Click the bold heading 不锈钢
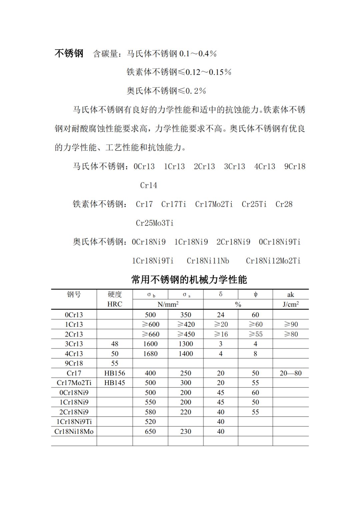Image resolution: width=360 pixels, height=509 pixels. pos(69,53)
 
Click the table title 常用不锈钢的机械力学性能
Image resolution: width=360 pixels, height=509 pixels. pos(189,279)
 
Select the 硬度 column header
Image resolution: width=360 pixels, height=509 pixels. pos(115,294)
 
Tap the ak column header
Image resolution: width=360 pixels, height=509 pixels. pos(290,294)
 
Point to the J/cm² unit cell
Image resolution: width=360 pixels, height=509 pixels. pos(290,304)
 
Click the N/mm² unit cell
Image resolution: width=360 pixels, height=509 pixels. pos(168,304)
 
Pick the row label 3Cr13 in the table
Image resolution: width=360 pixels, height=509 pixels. pos(74,344)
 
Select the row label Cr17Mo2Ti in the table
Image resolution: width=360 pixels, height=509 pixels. pos(74,383)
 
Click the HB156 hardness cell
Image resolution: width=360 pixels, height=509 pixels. pos(115,373)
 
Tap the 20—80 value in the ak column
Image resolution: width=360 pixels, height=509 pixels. pos(290,373)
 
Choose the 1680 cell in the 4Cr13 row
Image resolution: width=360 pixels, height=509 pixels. pos(150,354)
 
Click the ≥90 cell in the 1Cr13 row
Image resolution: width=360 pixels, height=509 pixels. pos(290,324)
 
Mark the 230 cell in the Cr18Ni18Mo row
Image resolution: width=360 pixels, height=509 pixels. pos(186,431)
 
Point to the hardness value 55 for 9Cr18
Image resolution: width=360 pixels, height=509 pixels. pos(115,363)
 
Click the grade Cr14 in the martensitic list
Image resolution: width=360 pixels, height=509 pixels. pos(149,185)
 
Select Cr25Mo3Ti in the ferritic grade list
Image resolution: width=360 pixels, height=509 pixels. pos(155,223)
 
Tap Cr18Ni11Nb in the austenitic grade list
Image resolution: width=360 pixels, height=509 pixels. pos(208,261)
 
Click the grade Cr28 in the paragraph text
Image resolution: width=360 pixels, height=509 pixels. pos(284,204)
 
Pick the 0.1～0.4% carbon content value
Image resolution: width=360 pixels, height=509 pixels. pos(198,54)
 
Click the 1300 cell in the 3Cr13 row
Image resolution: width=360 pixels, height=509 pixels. pos(186,344)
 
